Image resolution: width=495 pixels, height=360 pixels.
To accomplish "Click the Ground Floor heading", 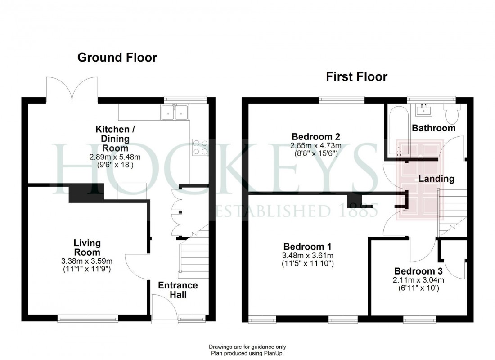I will [117, 58].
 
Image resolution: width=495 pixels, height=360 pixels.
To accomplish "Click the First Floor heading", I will [356, 77].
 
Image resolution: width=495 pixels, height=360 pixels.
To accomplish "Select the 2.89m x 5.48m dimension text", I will [115, 157].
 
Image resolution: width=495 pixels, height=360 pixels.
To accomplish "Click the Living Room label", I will [87, 247].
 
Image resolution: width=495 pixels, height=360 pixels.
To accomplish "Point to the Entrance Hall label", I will [178, 290].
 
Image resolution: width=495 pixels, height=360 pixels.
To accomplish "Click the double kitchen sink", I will [174, 112].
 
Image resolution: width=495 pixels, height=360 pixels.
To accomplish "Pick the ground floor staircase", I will [193, 256].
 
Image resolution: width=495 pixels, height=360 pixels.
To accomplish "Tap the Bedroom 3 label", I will [418, 271].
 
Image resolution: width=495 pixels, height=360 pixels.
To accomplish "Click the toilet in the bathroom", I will [450, 113].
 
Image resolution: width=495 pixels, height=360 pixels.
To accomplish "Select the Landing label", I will [436, 179].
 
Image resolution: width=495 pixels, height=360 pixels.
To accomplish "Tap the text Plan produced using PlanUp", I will [247, 353].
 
